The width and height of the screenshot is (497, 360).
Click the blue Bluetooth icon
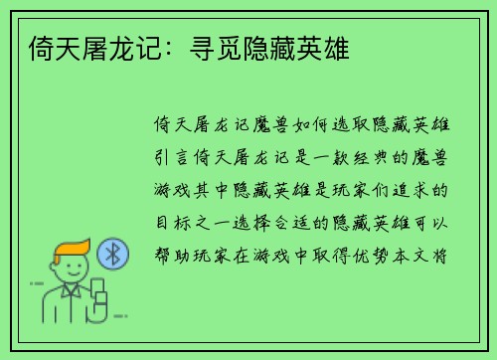click(113, 254)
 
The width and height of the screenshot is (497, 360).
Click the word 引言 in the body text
click(167, 158)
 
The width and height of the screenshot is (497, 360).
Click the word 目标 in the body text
click(167, 222)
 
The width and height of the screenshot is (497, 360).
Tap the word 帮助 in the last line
click(167, 254)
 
